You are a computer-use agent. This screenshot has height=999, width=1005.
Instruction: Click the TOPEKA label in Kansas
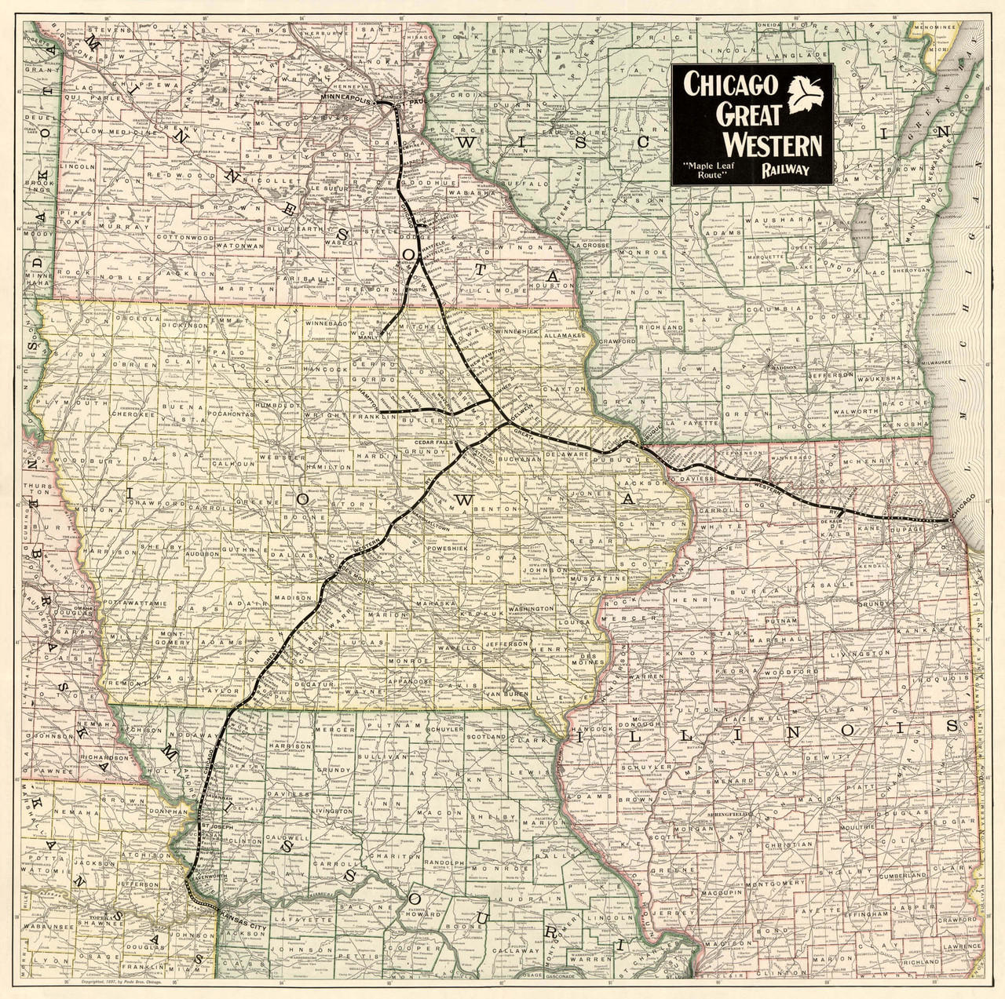click(x=104, y=916)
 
